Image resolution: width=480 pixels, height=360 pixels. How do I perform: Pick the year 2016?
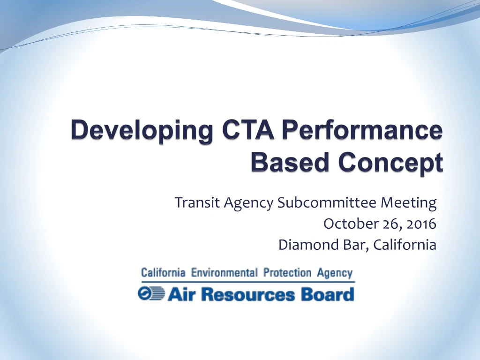[x=421, y=224]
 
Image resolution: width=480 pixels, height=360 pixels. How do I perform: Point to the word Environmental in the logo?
[x=225, y=272]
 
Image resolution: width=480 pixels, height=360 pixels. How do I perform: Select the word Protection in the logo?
[x=287, y=272]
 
